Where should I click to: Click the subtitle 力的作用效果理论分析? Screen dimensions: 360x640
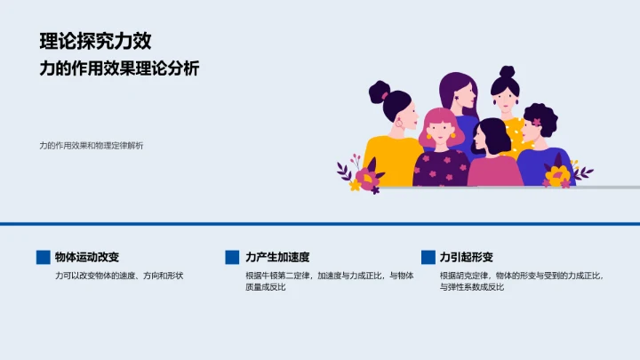119,69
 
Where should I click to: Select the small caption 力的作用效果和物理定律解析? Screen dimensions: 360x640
91,145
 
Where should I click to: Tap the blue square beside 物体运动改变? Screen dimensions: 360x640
43,257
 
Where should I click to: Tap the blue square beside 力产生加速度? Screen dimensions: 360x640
233,257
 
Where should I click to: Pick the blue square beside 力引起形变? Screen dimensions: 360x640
428,257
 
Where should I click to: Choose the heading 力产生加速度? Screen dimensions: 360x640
277,257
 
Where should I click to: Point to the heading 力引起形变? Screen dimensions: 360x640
466,257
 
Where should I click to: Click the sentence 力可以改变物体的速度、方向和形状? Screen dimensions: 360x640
118,276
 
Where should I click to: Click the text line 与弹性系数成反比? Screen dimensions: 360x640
472,287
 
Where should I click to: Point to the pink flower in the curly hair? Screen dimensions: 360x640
537,122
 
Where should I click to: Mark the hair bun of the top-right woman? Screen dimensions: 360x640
507,72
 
